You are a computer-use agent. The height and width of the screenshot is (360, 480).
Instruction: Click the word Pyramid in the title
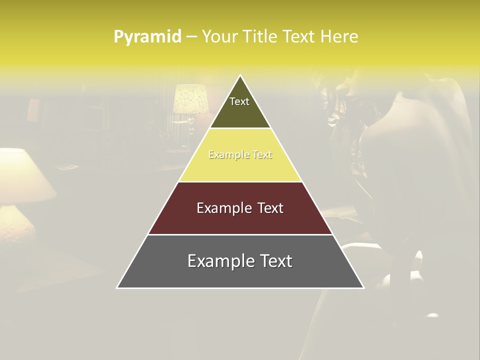coord(147,37)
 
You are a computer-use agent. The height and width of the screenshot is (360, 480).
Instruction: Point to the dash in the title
coord(191,37)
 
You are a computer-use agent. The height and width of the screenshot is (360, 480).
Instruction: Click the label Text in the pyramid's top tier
coord(239,101)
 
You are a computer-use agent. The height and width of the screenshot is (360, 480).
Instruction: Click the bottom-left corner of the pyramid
coord(117,287)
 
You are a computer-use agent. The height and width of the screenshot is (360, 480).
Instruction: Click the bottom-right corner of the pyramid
coord(363,287)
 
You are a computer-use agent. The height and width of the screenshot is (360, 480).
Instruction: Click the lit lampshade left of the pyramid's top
coord(190,98)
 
